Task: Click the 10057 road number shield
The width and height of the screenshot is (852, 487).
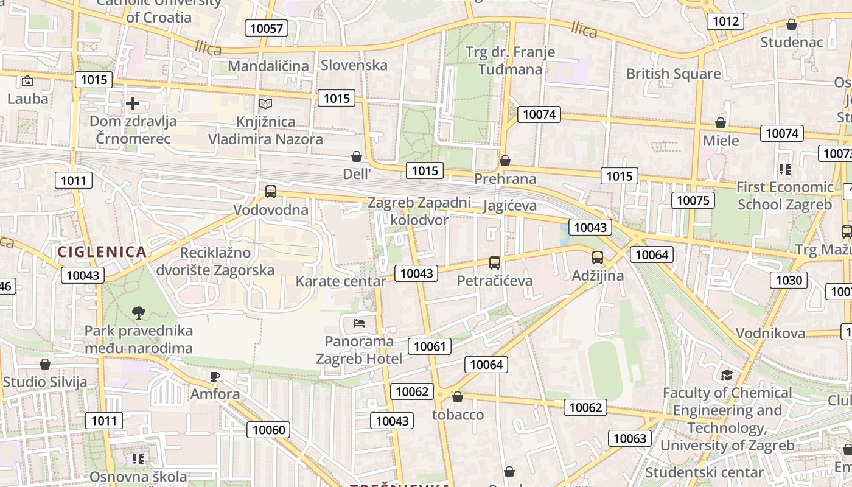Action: pos(266,28)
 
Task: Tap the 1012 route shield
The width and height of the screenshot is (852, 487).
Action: pos(725,21)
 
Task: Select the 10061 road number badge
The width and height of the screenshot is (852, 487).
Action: pos(430,346)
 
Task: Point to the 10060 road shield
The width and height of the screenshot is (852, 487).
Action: pos(268,430)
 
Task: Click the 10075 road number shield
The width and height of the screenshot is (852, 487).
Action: pos(693,200)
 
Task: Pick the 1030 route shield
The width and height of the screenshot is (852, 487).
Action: pos(789,279)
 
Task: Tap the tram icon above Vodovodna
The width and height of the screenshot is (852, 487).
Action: pos(271,192)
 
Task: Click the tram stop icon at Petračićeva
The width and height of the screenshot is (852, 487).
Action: pos(495,263)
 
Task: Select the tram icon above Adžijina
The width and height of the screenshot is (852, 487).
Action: pos(598,258)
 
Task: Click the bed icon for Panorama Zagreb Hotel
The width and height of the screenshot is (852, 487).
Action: pos(359,323)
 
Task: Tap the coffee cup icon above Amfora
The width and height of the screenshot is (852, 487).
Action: pos(214,376)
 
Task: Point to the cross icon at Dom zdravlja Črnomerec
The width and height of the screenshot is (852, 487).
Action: pos(133,103)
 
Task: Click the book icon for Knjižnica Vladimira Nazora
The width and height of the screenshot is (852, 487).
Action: pos(265,104)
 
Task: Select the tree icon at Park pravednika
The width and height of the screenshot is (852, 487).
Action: pos(139,313)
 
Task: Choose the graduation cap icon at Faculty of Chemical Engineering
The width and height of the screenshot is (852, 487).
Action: pos(727,374)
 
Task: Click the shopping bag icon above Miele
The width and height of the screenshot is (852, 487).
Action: pos(721,123)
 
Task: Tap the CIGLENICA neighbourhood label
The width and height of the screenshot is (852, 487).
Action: pos(102,251)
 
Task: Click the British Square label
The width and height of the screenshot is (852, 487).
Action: pos(673,74)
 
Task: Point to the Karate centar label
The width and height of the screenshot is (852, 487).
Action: pos(340,281)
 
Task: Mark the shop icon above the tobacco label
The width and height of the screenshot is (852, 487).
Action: pos(458,397)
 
